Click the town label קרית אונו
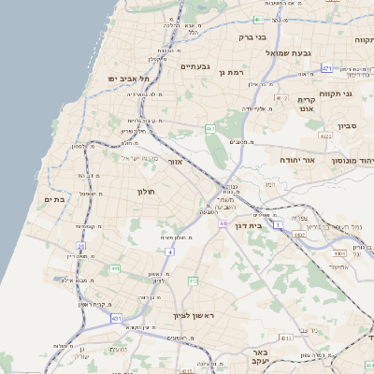pos(307,104)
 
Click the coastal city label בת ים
pos(52,199)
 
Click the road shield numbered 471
pos(325,68)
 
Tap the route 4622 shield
pos(326,137)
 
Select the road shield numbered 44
pos(223,223)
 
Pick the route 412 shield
pos(193,280)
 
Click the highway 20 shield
pos(81,246)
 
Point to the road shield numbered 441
pos(114,268)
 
